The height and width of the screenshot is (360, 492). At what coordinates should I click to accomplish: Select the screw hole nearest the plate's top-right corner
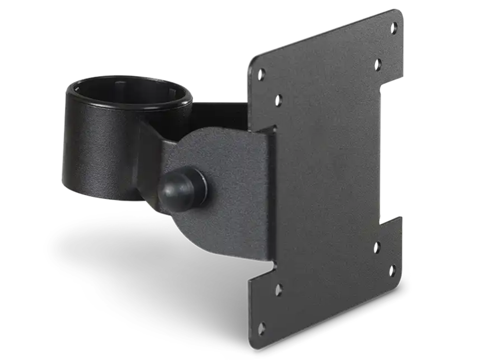pos(394,27)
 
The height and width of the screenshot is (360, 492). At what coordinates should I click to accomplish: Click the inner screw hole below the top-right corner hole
pos(378,65)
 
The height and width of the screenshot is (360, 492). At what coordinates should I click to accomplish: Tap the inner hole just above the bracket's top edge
pos(278,100)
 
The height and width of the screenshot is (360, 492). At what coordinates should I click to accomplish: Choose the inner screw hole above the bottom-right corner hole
pos(376,247)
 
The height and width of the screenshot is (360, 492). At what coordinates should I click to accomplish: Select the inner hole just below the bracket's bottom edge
pos(278,290)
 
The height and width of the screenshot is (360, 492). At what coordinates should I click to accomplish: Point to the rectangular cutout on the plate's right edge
pos(391,154)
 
